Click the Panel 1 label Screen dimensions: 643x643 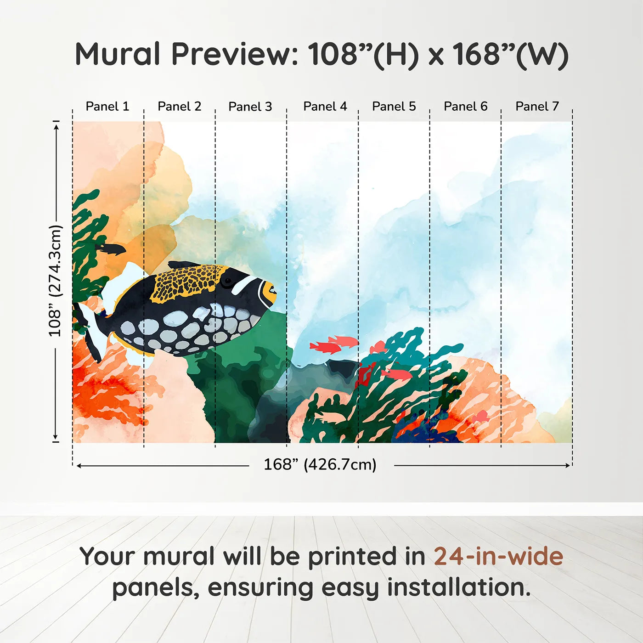107,107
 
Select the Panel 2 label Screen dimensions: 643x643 179,107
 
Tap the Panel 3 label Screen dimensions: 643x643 250,107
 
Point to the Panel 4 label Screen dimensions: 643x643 325,107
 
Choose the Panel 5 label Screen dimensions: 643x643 394,107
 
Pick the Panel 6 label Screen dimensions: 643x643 465,107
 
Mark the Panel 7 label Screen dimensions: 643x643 537,107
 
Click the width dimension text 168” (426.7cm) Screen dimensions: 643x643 320,465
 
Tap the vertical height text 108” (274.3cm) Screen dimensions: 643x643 55,281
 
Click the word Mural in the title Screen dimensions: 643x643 118,54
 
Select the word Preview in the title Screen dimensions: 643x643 234,54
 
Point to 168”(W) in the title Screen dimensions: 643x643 510,54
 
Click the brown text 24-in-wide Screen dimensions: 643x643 498,557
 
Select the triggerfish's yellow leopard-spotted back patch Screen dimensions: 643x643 186,282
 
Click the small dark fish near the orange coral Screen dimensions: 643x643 111,249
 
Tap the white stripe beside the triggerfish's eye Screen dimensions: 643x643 244,284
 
